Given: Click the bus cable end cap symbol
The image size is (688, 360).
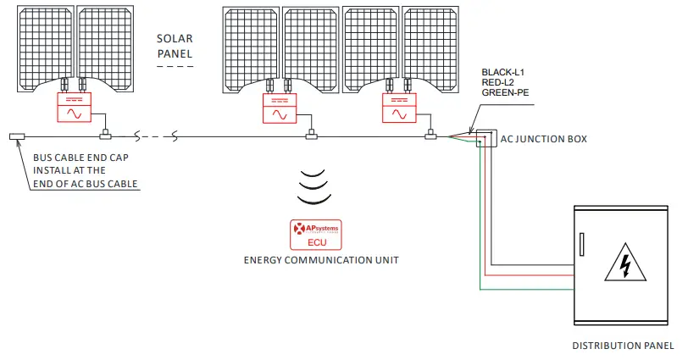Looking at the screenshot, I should (x=17, y=136).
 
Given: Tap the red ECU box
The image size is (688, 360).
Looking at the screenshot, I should (x=315, y=235).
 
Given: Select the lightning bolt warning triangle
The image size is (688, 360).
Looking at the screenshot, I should (x=625, y=266).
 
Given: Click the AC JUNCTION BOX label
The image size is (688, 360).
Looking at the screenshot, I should (x=543, y=139).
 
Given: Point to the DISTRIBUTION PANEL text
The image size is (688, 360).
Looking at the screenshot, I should (x=623, y=346).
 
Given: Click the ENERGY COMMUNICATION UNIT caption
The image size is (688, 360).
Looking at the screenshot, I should (x=319, y=261).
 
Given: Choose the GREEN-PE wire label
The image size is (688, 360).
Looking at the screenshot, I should (x=506, y=92).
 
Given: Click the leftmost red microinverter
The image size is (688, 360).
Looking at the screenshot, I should (x=75, y=108).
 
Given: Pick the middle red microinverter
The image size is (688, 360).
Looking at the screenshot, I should (x=280, y=108).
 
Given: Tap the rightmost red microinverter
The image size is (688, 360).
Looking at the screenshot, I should (x=399, y=108).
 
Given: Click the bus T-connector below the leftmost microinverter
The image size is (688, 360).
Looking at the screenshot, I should (x=105, y=135).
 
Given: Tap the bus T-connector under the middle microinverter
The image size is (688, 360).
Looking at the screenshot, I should (x=311, y=135).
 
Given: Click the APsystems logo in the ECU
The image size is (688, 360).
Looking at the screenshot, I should (x=315, y=229).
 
